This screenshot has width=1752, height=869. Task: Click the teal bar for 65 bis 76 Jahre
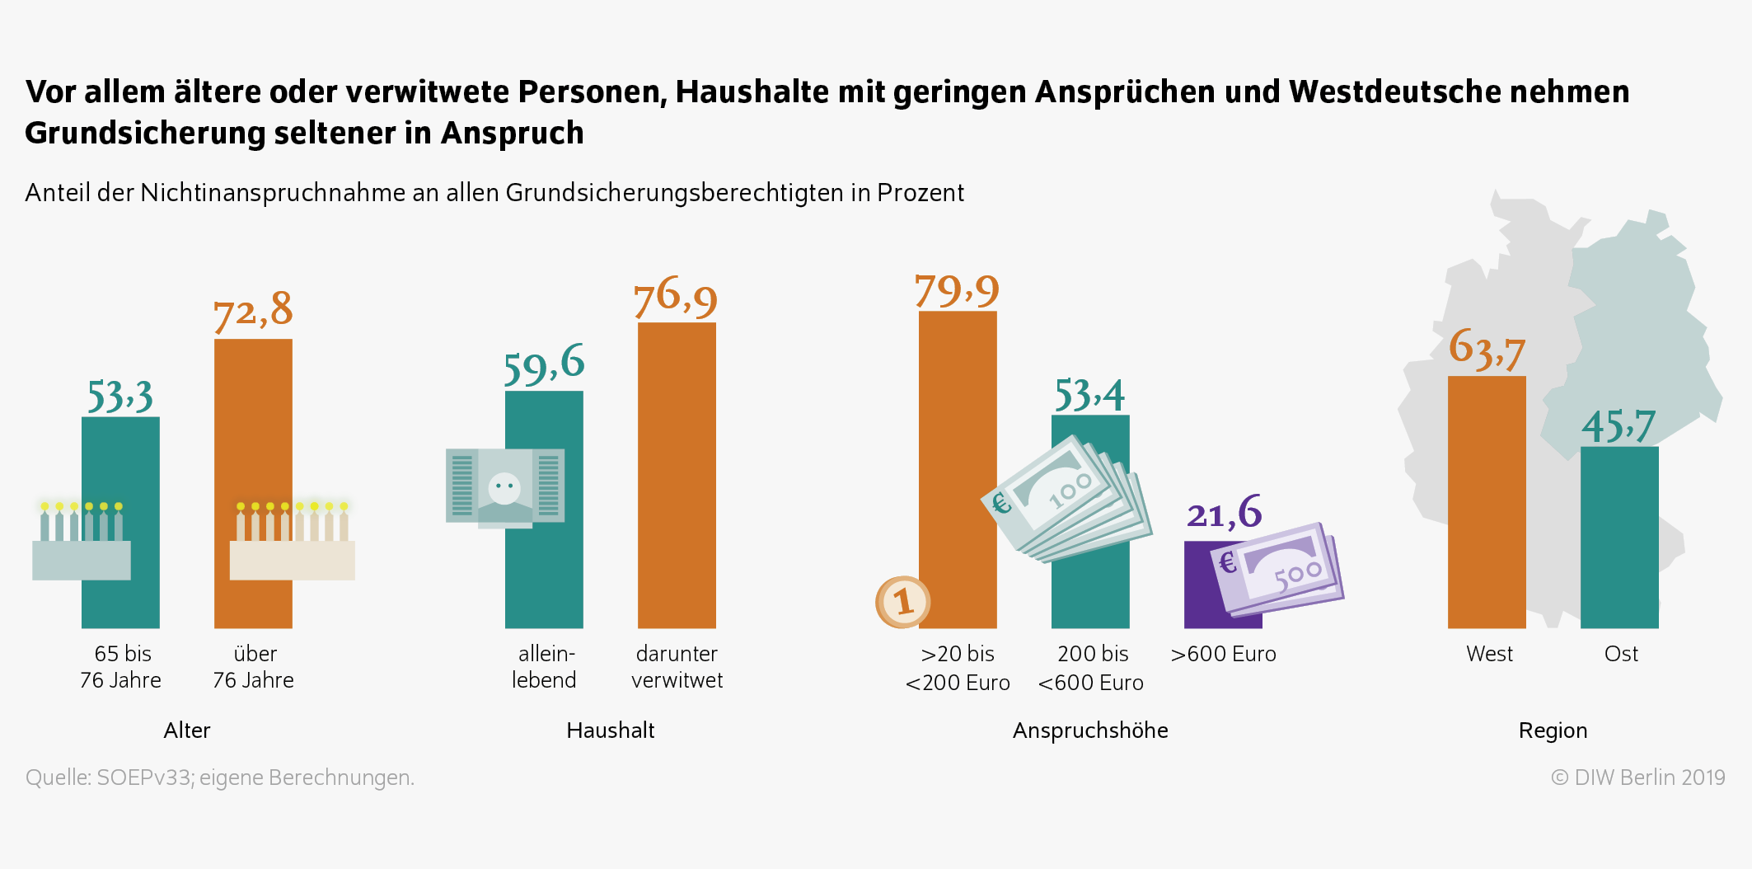coord(120,462)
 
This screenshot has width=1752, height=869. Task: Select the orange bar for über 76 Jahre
coord(253,429)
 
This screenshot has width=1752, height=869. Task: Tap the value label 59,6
coord(544,365)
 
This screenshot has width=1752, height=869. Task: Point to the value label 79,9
coord(957,290)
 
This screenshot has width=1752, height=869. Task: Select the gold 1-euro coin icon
coord(903,602)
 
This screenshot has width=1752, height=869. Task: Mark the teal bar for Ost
coord(1619,537)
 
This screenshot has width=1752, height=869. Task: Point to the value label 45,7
coord(1618,426)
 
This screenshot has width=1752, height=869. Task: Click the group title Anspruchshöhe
coord(1089,730)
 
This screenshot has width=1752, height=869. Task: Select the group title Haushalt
coord(610,730)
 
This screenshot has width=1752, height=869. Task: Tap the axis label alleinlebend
coord(544,666)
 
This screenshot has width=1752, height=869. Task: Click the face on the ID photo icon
coord(504,487)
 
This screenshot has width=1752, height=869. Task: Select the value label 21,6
coord(1224,513)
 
